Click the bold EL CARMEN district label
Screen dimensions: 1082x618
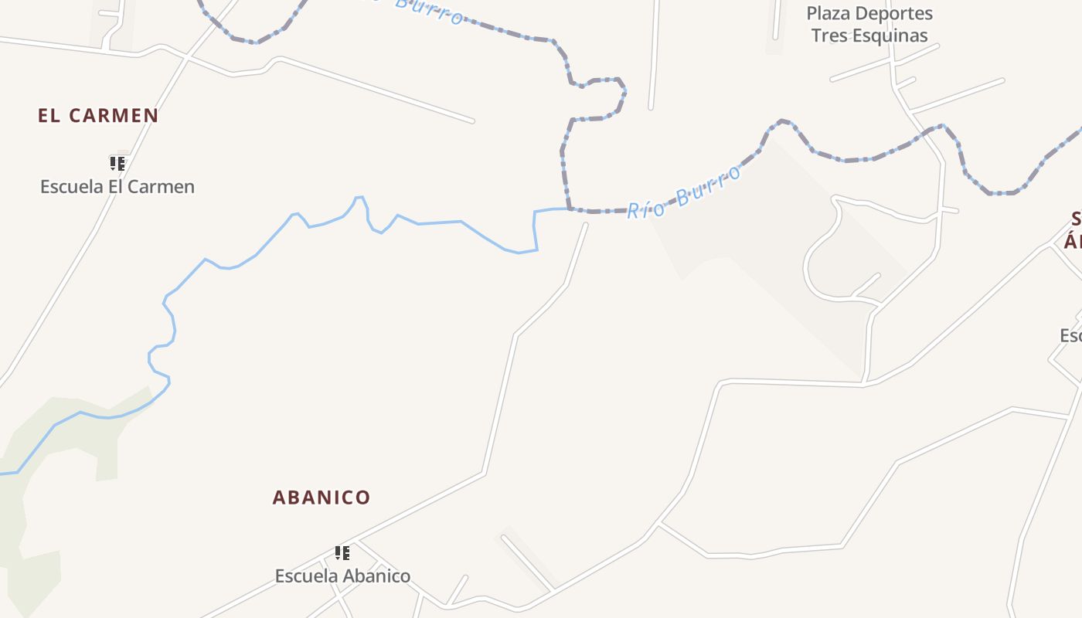[98, 116]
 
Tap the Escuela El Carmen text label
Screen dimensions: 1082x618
[117, 186]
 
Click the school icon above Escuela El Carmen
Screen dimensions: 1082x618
[117, 163]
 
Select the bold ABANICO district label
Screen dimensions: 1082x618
[322, 497]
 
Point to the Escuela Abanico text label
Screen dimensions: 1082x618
[342, 576]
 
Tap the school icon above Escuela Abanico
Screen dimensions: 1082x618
[342, 552]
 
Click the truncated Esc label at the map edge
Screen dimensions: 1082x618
[1070, 336]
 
